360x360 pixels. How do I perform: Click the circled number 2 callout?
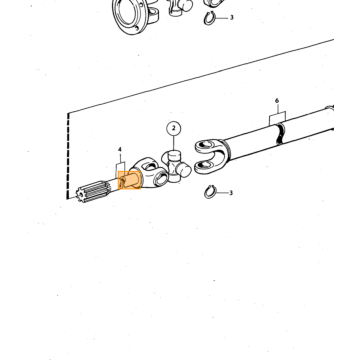(x=174, y=128)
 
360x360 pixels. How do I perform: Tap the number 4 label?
(x=120, y=150)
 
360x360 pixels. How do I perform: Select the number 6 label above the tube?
(x=277, y=101)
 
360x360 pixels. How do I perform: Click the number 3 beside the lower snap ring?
(x=231, y=193)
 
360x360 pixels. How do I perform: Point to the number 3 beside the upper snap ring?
(x=231, y=17)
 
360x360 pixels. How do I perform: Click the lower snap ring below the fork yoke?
(x=210, y=192)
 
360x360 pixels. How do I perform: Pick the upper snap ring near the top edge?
(x=210, y=18)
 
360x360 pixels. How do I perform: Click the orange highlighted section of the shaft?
(x=130, y=180)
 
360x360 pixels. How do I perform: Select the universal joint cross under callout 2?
(x=176, y=167)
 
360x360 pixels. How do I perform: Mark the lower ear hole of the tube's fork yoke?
(x=204, y=166)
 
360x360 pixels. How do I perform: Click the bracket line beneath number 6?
(x=277, y=116)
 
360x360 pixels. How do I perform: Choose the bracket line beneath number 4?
(x=121, y=167)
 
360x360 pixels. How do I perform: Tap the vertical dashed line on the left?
(x=68, y=155)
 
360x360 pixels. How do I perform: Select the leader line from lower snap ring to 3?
(x=222, y=193)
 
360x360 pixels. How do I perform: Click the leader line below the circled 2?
(x=174, y=143)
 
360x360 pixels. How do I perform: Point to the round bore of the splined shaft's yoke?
(x=161, y=178)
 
